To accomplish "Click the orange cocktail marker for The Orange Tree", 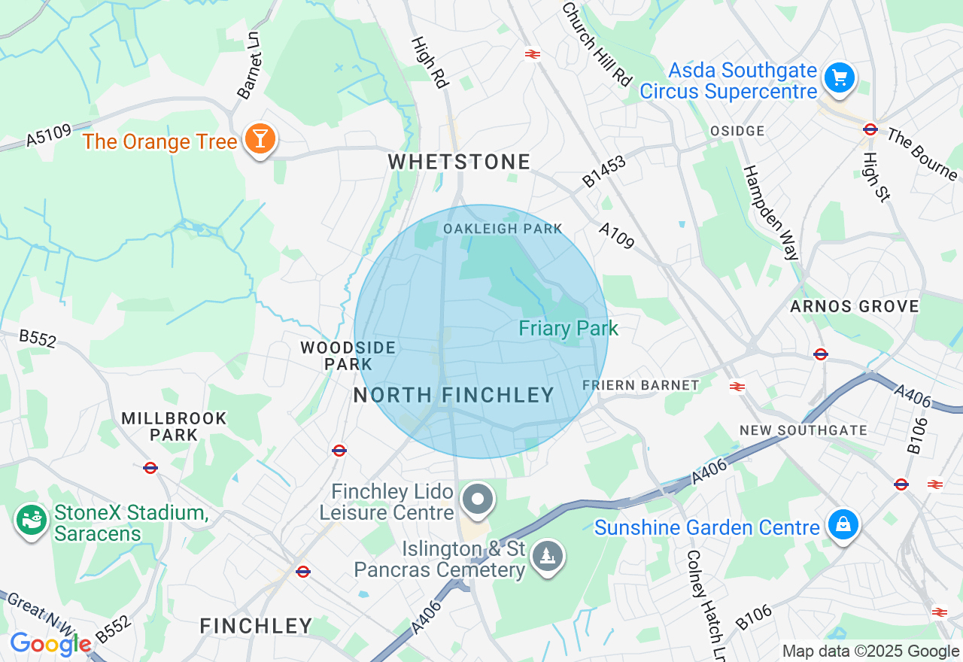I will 260,140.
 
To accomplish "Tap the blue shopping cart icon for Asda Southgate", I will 839,78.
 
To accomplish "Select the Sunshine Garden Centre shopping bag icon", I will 843,525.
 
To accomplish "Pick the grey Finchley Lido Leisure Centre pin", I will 477,500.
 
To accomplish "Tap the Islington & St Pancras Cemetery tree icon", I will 548,557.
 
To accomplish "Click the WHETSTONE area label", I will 460,162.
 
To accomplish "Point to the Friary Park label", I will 568,328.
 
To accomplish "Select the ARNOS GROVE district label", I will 854,306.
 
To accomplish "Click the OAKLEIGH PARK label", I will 503,229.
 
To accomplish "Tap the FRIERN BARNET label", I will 641,385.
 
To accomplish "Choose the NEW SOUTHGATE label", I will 803,430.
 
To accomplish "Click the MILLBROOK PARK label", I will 174,426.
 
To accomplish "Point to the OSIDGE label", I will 737,131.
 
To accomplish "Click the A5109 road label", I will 48,135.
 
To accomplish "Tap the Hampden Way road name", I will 771,213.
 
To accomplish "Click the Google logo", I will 50,644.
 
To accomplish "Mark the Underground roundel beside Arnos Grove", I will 821,354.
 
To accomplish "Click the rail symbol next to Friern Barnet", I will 737,387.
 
